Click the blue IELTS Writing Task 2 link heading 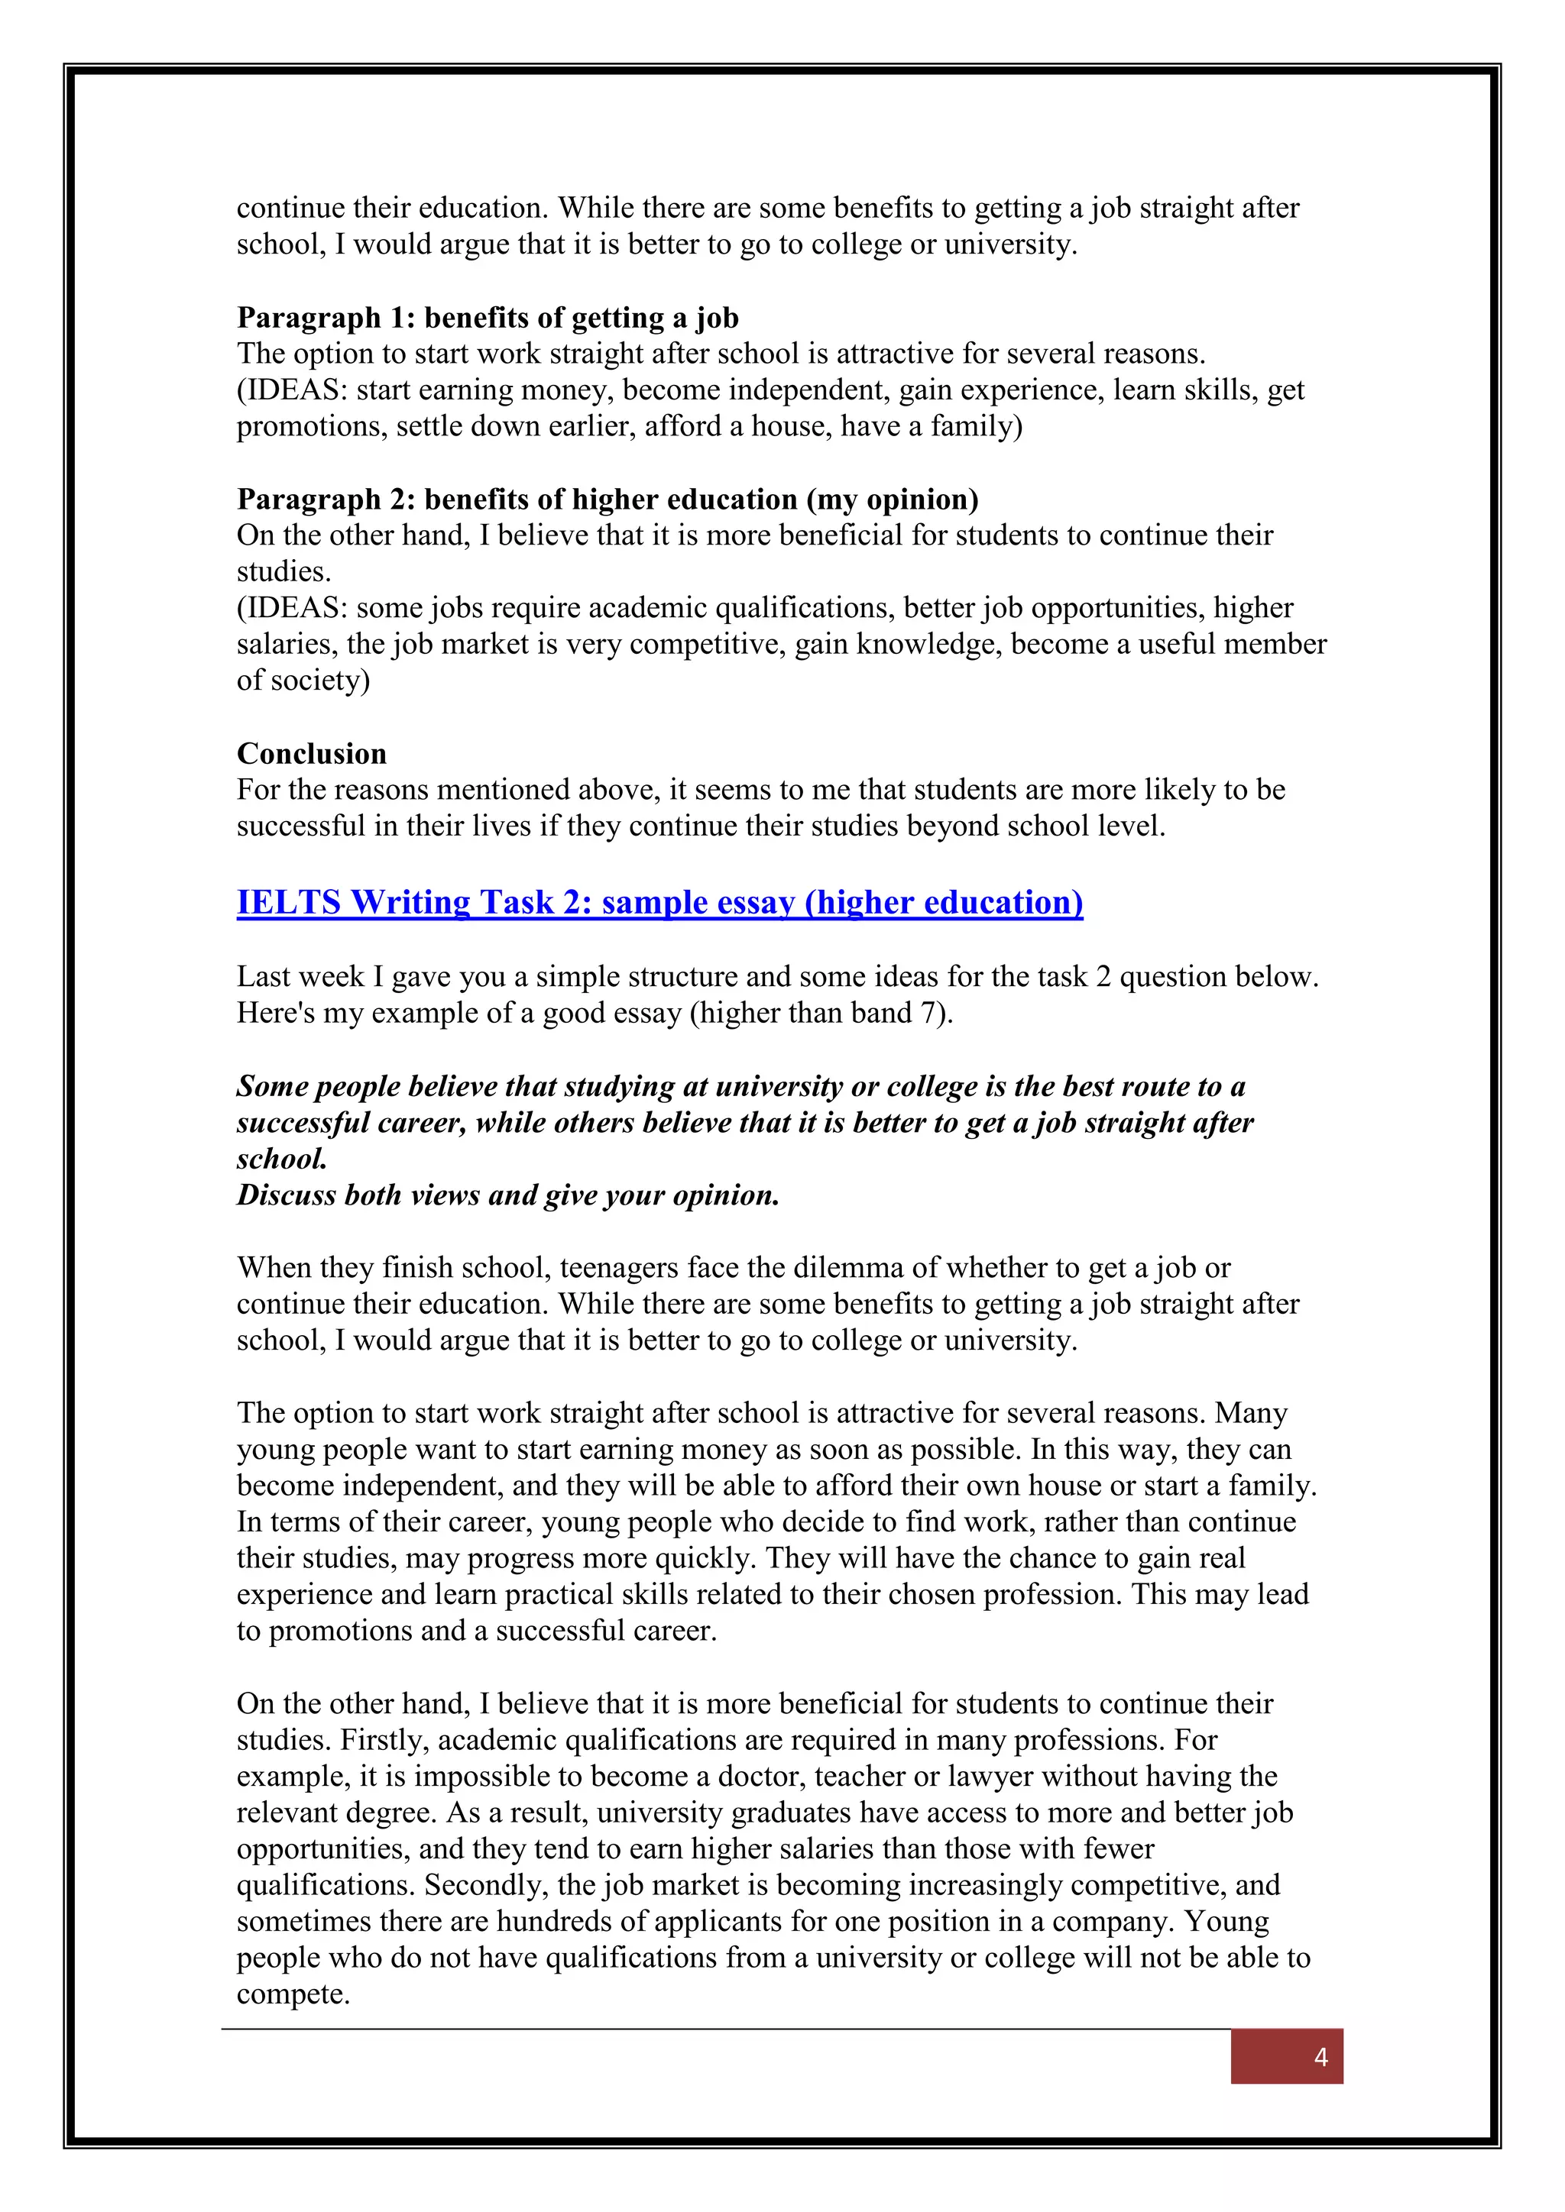click(659, 903)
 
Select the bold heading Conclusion click(311, 753)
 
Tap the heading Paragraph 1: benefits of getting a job click(488, 318)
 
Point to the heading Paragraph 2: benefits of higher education click(607, 499)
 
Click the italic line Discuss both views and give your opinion click(508, 1195)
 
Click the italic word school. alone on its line click(281, 1159)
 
